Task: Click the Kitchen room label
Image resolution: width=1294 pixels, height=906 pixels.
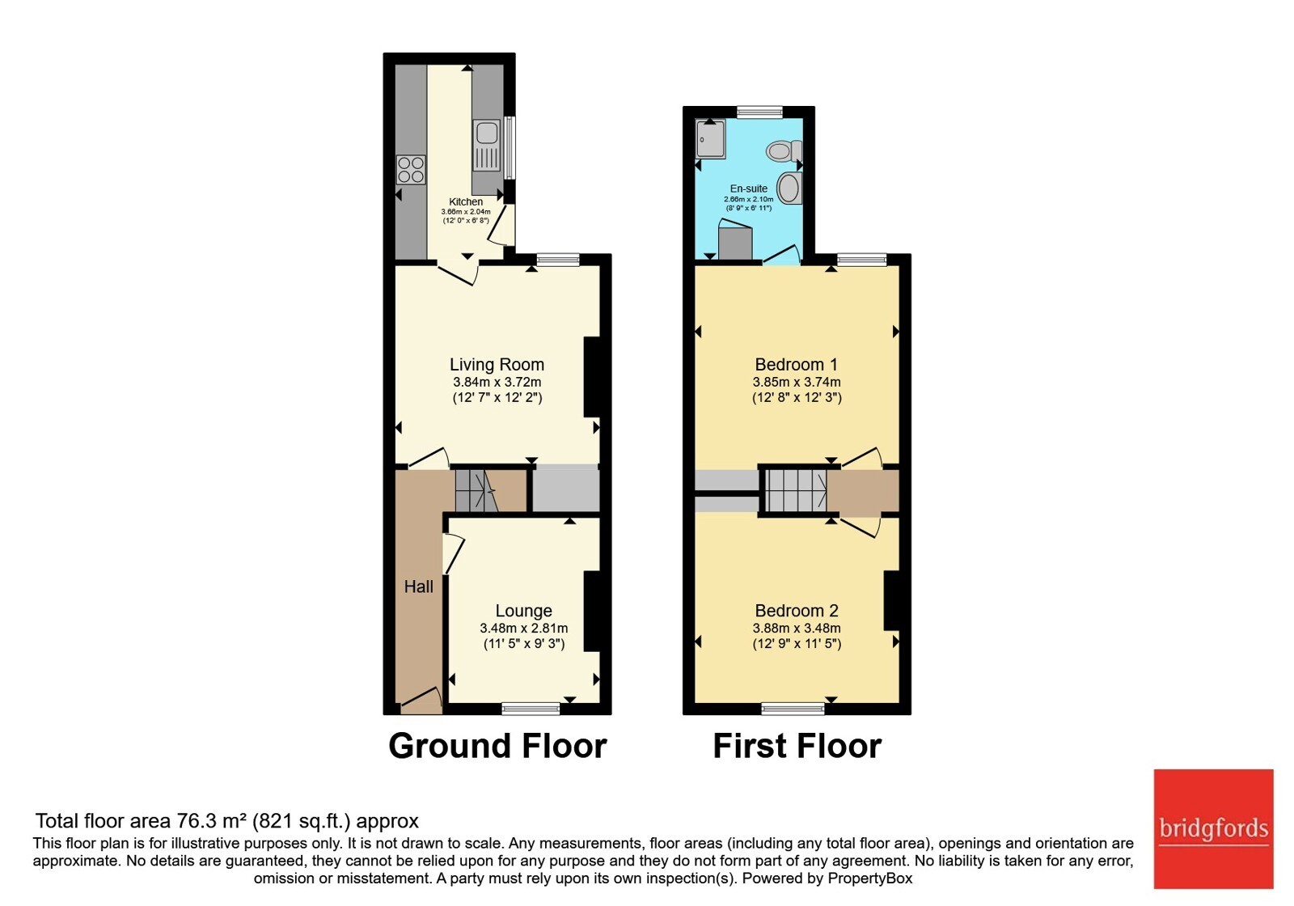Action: (x=466, y=201)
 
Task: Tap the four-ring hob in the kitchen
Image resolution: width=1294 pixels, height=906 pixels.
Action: (x=411, y=170)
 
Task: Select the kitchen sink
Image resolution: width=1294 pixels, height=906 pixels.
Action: (x=486, y=146)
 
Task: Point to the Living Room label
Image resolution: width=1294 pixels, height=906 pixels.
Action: (x=497, y=365)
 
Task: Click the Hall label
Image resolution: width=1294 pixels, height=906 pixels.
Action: (x=418, y=587)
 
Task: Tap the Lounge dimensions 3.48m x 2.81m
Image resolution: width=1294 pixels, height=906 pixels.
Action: (x=523, y=628)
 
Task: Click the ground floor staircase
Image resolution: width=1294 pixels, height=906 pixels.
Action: (x=476, y=490)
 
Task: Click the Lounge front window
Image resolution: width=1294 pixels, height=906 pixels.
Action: (x=531, y=709)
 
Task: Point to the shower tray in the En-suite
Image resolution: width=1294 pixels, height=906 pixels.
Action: (x=710, y=138)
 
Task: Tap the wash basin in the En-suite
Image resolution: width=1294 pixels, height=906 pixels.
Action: (x=789, y=188)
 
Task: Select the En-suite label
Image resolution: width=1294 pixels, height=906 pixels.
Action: (x=749, y=188)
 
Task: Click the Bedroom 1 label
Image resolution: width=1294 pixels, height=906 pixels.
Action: (x=796, y=365)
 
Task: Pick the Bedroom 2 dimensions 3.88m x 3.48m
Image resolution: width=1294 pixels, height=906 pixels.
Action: (x=796, y=628)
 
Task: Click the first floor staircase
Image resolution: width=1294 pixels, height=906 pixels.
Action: (x=796, y=490)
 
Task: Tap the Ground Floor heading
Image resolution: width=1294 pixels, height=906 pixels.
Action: (x=497, y=746)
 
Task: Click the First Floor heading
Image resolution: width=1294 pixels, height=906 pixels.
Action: (x=797, y=746)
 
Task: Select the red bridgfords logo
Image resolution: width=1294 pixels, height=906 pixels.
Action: (x=1214, y=828)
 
